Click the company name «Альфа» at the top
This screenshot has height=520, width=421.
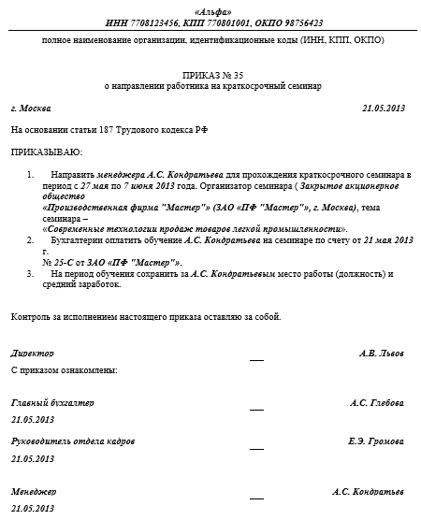[x=211, y=8]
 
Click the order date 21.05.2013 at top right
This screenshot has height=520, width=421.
[x=383, y=109]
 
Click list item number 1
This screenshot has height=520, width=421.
[x=33, y=175]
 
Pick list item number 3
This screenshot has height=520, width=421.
[x=33, y=273]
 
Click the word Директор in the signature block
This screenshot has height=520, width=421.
[x=33, y=354]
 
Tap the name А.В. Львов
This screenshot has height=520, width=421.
[x=382, y=354]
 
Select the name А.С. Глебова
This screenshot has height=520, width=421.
[x=377, y=403]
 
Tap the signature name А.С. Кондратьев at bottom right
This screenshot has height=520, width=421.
[x=368, y=491]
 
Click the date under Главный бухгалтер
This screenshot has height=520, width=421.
[x=33, y=419]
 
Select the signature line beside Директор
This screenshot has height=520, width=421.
[x=256, y=358]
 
